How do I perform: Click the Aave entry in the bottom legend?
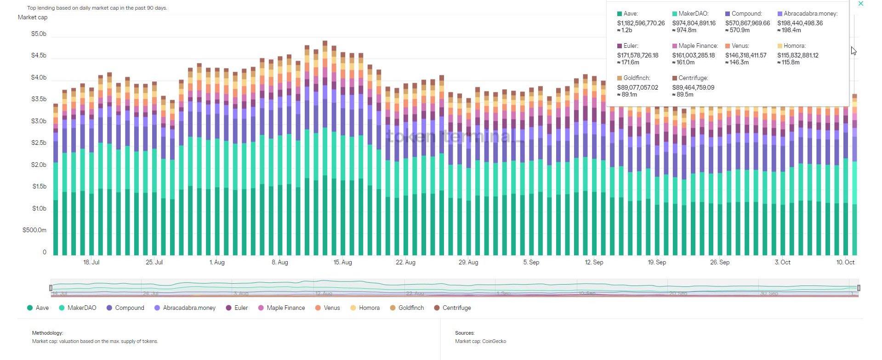point(42,308)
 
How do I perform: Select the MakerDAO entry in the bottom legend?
point(82,308)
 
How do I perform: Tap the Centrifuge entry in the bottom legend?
point(456,308)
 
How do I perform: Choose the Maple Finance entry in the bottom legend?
point(285,308)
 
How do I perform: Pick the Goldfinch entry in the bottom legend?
point(411,308)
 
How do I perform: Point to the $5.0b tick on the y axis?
point(39,34)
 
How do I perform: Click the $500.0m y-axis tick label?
point(34,230)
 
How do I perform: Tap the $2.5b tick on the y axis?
point(39,143)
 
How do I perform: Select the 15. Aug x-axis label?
point(342,263)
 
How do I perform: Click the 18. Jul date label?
point(91,263)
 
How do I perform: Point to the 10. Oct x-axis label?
point(845,263)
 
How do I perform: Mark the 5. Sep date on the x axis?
point(531,263)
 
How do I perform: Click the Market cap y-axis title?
point(33,17)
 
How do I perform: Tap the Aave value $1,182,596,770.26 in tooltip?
point(641,23)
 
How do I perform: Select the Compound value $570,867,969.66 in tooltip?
point(747,23)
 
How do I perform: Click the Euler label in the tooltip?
point(631,46)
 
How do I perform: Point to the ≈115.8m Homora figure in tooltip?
point(789,63)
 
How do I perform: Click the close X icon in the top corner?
point(861,4)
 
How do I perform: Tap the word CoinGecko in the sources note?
point(494,342)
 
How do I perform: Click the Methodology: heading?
point(47,333)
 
